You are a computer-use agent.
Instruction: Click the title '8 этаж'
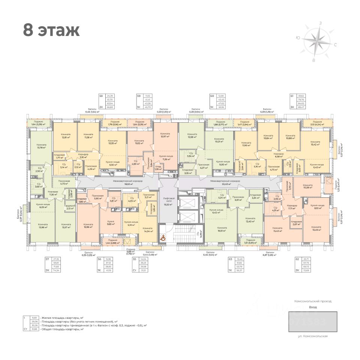51,30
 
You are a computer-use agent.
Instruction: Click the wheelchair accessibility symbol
163,237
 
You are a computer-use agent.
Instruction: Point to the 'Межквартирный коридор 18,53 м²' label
118,182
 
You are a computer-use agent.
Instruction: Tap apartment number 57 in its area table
47,259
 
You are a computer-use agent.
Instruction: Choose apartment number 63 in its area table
230,259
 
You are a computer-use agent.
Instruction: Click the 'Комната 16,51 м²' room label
222,229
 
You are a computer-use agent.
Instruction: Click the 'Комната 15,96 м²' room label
88,226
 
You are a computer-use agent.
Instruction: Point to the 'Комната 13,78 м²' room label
41,146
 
